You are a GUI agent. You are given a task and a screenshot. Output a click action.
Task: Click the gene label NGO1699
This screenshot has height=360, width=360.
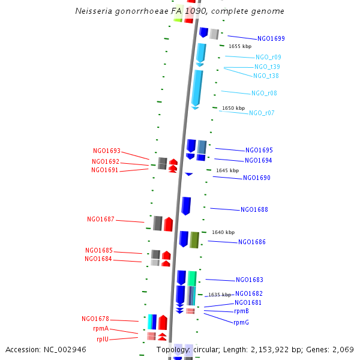tap(271, 38)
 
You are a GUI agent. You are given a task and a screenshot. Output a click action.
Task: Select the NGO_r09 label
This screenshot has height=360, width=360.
tap(268, 58)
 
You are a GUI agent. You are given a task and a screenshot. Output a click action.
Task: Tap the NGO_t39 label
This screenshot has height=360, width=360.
tap(267, 67)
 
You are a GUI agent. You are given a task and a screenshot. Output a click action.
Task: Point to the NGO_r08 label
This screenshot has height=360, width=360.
tap(264, 94)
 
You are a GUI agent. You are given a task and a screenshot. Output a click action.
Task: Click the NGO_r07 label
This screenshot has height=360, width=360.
tap(262, 113)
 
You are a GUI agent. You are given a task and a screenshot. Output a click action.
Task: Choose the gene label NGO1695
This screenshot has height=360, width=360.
tap(259, 150)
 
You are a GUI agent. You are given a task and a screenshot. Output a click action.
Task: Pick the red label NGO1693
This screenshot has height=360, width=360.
tap(107, 151)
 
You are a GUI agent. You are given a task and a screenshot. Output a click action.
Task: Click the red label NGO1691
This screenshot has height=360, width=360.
tap(105, 170)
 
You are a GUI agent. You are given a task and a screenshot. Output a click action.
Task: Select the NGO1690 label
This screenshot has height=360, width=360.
tap(257, 178)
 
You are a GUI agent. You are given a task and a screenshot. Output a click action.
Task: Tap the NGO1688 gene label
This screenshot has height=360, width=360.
tap(254, 210)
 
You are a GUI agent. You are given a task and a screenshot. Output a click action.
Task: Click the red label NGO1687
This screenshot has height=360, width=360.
tap(101, 220)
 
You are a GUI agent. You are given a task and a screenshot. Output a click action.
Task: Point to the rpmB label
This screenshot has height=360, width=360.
tap(241, 311)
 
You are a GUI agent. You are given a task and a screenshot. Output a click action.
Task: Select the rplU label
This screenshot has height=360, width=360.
tap(103, 339)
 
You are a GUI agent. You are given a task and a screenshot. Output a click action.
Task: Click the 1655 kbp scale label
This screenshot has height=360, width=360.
tap(240, 46)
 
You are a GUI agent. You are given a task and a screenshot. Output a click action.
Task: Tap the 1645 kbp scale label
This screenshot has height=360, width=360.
tap(227, 170)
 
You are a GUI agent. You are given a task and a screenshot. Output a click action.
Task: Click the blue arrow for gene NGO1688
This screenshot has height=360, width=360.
tap(186, 206)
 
